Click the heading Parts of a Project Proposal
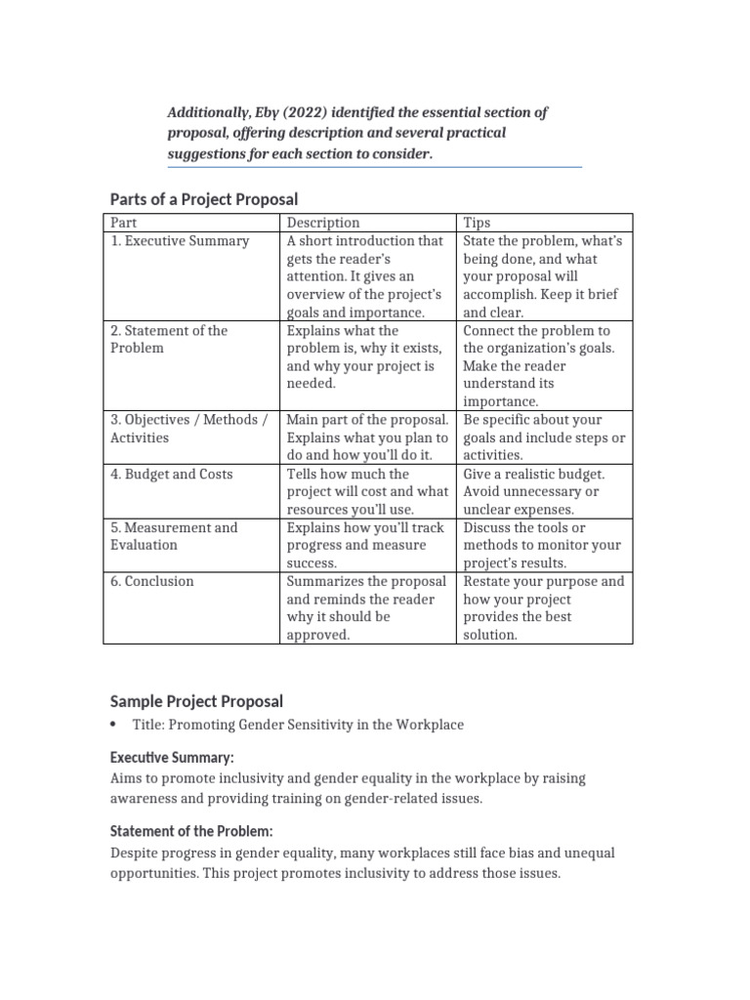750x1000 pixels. [x=203, y=199]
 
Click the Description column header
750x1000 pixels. [x=323, y=223]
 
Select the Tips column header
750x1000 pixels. [x=478, y=223]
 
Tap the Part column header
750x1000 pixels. [x=124, y=223]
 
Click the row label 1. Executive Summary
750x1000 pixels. [x=180, y=241]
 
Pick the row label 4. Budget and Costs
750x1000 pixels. [x=171, y=475]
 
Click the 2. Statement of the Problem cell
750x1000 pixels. [x=169, y=339]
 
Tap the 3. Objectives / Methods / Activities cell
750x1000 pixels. [x=188, y=429]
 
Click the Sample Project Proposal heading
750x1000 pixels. [x=196, y=701]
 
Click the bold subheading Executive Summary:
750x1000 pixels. [x=172, y=758]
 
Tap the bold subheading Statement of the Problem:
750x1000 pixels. [x=191, y=831]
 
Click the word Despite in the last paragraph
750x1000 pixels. [x=136, y=854]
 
